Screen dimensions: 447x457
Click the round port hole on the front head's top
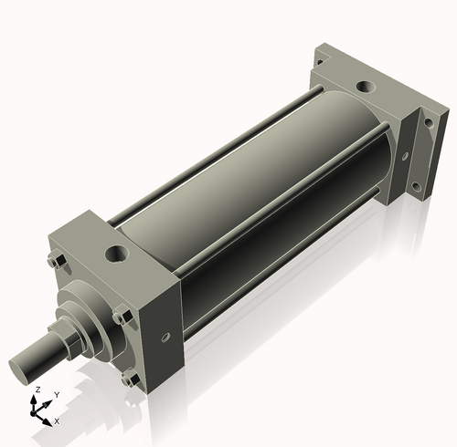(x=118, y=250)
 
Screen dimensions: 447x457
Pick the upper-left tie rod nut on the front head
(x=53, y=265)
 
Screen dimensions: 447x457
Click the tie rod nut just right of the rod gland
(x=120, y=317)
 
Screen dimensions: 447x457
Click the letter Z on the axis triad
(x=37, y=390)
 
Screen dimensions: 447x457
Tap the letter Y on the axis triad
(x=57, y=395)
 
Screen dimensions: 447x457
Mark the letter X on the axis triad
(x=57, y=421)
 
